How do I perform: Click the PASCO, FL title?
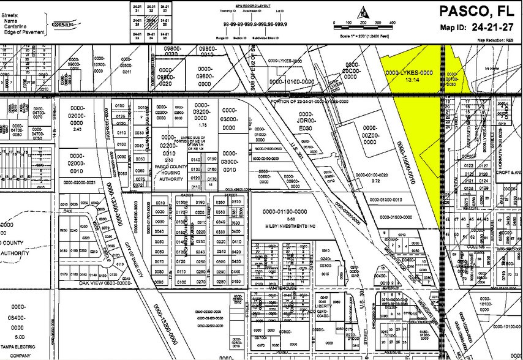(480, 12)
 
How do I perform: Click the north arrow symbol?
(364, 11)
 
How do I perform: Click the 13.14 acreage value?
(408, 79)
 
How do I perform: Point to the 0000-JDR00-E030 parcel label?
(306, 121)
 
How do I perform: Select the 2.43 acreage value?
(77, 129)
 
